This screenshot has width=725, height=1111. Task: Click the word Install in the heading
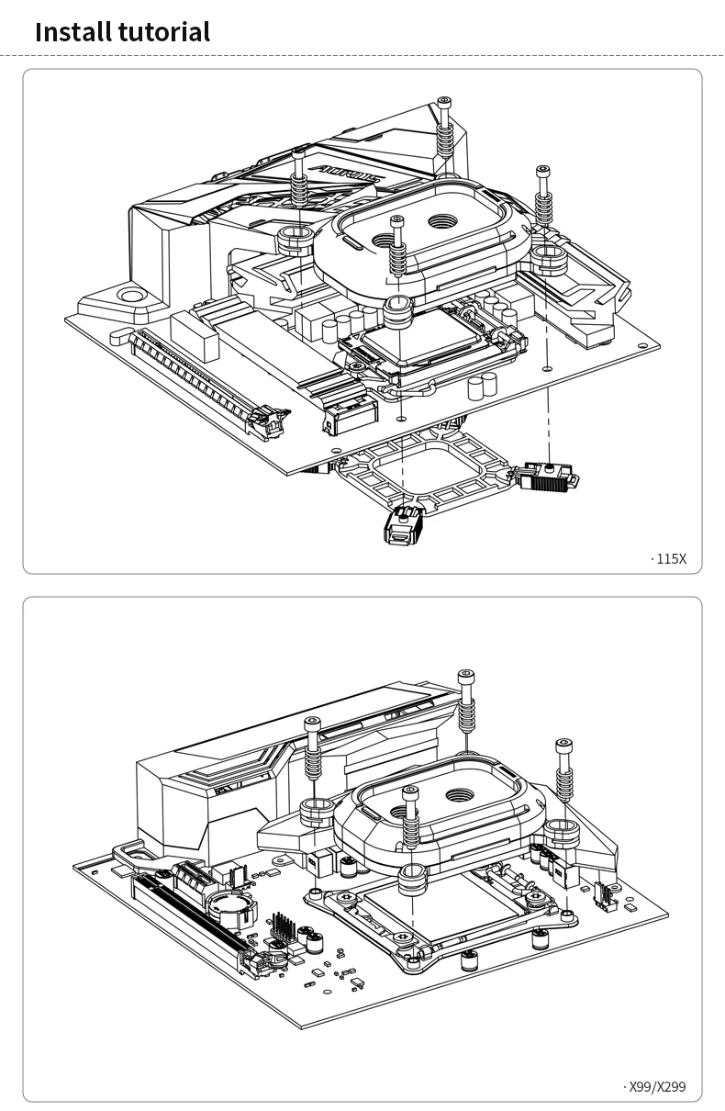click(73, 32)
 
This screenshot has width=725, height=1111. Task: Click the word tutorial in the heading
click(164, 32)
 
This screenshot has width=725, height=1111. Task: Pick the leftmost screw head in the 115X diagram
click(299, 152)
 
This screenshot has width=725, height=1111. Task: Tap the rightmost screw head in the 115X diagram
click(542, 171)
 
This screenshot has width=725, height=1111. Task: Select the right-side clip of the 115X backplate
click(549, 476)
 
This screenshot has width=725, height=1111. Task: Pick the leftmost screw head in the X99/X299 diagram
click(313, 724)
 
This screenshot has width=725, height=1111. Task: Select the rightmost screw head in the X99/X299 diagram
click(563, 743)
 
